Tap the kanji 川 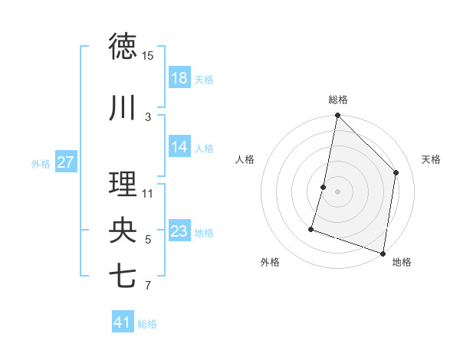(x=123, y=108)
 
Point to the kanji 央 (x=123, y=231)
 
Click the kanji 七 (x=123, y=276)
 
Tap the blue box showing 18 (x=179, y=78)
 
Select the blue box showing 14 (x=179, y=147)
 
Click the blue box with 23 (x=179, y=231)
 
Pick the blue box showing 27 (x=65, y=162)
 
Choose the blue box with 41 (x=123, y=322)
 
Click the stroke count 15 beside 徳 (x=147, y=56)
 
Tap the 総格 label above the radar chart (x=337, y=100)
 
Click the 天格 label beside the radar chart (x=431, y=159)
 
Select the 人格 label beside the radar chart (x=245, y=159)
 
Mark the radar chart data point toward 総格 (x=337, y=115)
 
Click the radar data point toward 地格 (x=383, y=253)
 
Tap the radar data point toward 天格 (x=396, y=172)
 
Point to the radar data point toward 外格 (x=311, y=228)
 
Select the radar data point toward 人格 (x=324, y=187)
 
